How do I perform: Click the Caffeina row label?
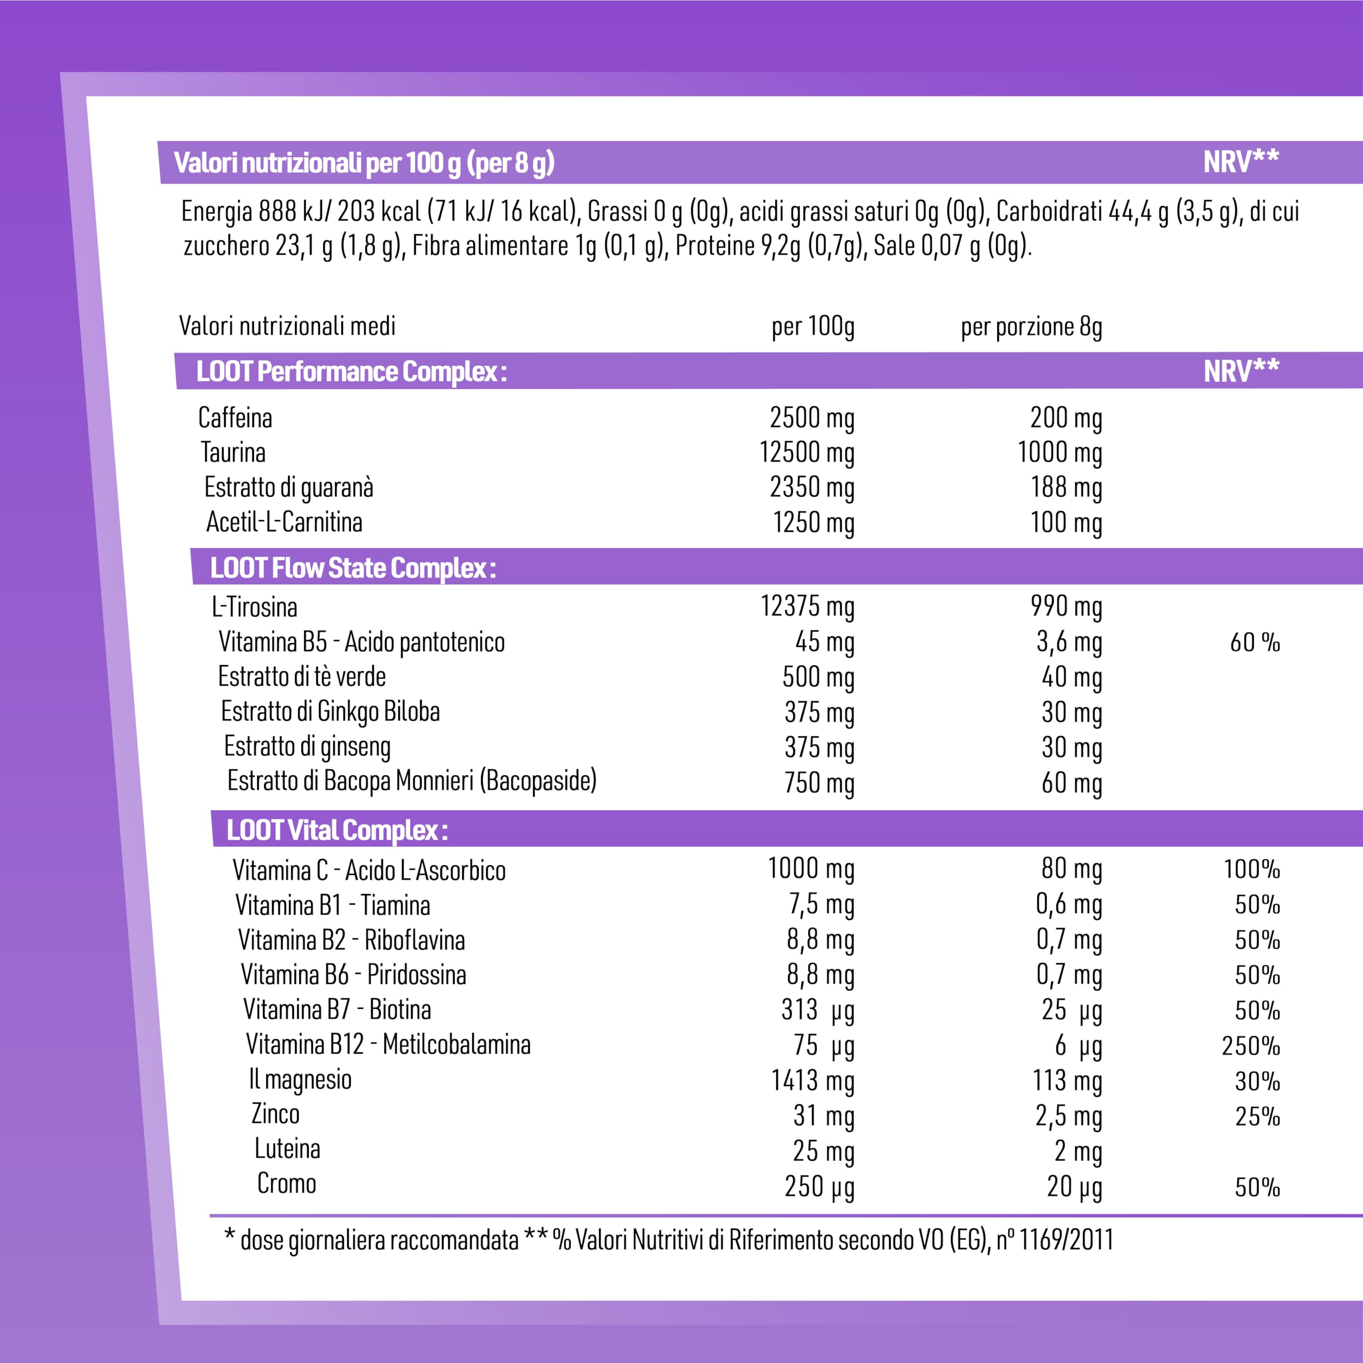click(235, 417)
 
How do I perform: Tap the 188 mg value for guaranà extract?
click(1066, 488)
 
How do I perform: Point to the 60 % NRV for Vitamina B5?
click(1255, 642)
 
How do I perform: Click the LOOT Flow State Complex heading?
click(353, 568)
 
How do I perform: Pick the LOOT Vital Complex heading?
click(337, 831)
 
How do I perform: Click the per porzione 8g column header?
click(1031, 326)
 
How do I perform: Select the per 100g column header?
click(812, 326)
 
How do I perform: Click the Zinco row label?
click(276, 1114)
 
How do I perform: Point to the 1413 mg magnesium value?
click(812, 1081)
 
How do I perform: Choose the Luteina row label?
click(287, 1148)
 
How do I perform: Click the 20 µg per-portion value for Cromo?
click(1074, 1187)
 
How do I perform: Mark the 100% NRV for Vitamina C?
click(1252, 869)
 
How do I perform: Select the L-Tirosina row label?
click(254, 607)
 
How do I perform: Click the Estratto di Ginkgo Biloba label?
click(330, 712)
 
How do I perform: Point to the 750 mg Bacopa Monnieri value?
click(819, 783)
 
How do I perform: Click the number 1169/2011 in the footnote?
click(1066, 1239)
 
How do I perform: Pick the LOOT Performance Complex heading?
click(351, 372)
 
